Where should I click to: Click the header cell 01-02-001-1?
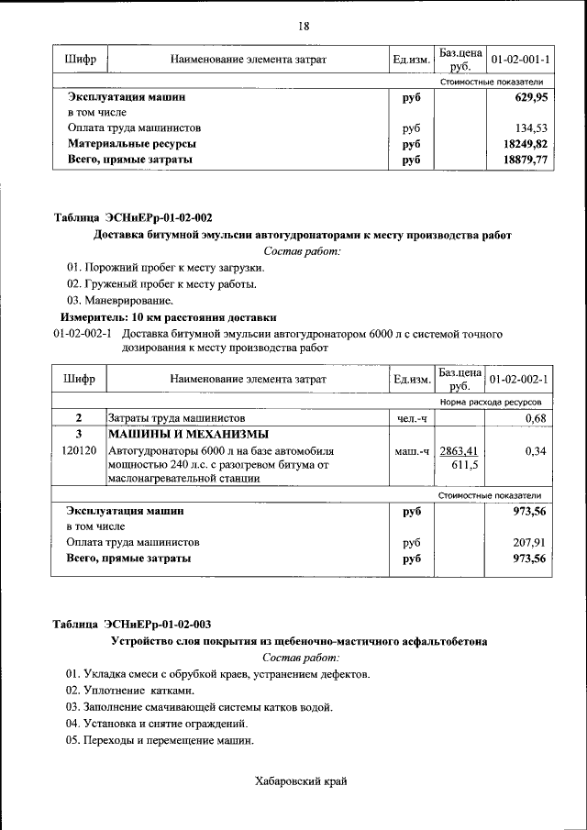coord(520,60)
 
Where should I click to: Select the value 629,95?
coord(528,96)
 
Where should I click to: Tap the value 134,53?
coord(529,128)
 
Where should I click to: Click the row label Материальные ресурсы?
coord(132,144)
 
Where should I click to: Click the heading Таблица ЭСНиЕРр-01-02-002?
coord(133,217)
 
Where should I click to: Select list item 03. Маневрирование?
coord(119,300)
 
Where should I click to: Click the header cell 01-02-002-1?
coord(520,379)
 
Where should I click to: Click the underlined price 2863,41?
coord(460,451)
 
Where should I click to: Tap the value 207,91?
coord(529,542)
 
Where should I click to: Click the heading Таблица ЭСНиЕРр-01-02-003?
coord(133,625)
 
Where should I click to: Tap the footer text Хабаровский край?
coord(300,780)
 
